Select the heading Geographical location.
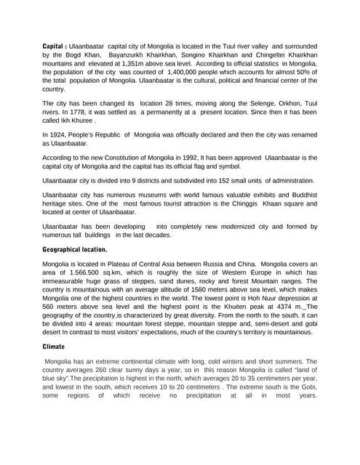click(75, 249)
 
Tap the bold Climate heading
click(54, 347)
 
